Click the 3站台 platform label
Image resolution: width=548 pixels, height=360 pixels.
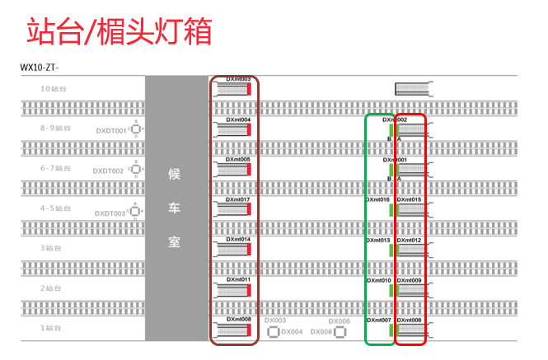coord(52,248)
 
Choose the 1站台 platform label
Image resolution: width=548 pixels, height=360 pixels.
coord(52,328)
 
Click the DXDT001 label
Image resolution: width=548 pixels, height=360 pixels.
coord(110,131)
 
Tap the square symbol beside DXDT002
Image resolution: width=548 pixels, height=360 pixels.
coord(135,170)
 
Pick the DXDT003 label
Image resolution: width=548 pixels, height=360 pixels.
coord(110,213)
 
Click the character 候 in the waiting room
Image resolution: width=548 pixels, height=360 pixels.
coord(174,174)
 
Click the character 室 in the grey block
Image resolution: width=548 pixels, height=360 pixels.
coord(174,244)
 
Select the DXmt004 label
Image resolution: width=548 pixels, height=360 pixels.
coord(238,120)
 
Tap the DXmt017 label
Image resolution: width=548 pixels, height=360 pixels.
coord(238,200)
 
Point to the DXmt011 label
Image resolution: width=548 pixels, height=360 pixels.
coord(238,280)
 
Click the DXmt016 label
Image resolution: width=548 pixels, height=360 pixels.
coord(378,200)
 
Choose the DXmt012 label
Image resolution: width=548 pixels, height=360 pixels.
coord(410,241)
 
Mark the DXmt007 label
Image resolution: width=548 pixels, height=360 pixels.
coord(378,320)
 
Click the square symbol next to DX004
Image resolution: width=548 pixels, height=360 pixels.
coord(273,333)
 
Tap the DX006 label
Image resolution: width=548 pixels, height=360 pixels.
coord(340,321)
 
